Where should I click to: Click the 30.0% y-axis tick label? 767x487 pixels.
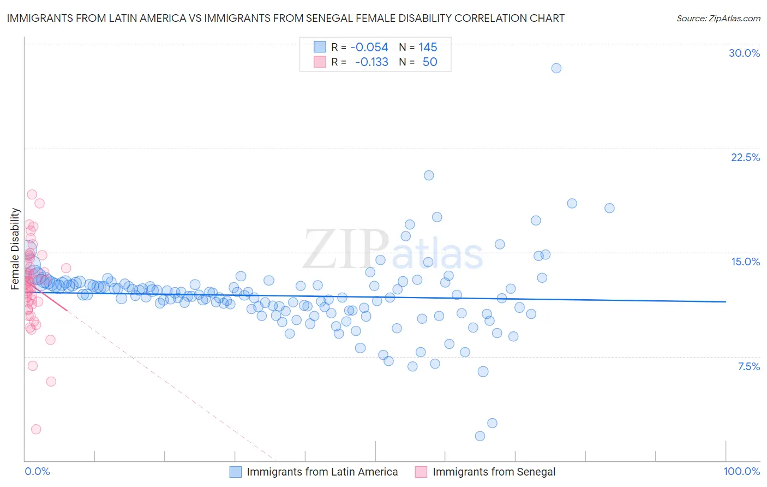(x=744, y=53)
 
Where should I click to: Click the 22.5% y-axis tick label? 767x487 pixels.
(x=745, y=157)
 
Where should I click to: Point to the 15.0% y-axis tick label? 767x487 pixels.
(x=745, y=262)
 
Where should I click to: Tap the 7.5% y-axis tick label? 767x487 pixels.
(x=748, y=366)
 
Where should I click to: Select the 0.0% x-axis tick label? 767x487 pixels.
(x=37, y=471)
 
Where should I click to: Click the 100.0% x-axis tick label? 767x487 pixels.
(x=741, y=471)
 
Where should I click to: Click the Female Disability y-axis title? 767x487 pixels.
(x=15, y=248)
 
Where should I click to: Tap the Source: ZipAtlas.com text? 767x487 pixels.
(x=718, y=18)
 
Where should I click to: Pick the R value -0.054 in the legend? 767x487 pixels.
(x=369, y=47)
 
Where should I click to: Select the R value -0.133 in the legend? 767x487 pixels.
(x=371, y=62)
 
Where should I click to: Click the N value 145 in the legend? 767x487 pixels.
(x=428, y=47)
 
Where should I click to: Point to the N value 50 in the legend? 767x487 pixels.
(x=430, y=62)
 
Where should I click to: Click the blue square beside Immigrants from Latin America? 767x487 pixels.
(x=235, y=472)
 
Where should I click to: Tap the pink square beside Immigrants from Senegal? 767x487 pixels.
(x=421, y=472)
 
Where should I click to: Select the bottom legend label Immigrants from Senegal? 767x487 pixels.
(x=494, y=472)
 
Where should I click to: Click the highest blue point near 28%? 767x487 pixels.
(x=556, y=68)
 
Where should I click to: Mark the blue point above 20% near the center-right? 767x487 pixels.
(x=429, y=175)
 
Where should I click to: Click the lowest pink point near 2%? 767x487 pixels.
(x=36, y=429)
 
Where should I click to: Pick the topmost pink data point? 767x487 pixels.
(x=32, y=194)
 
